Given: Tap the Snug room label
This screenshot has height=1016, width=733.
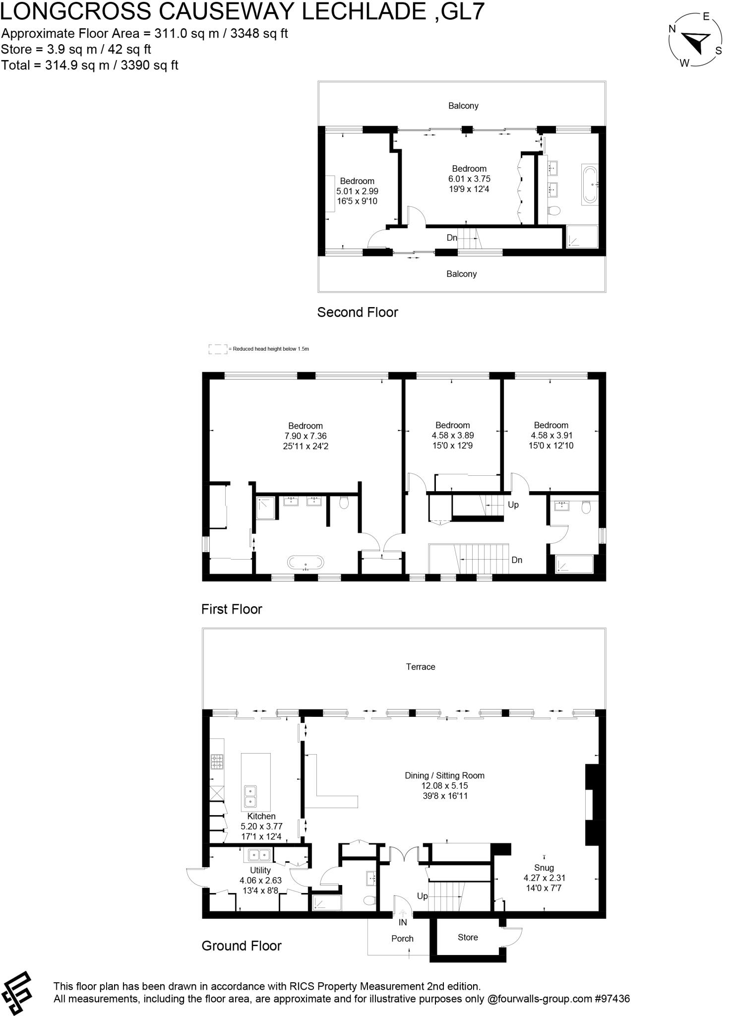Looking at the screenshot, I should (x=544, y=868).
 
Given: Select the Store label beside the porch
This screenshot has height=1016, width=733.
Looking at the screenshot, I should (x=468, y=937).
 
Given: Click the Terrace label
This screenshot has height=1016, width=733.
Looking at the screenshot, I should (x=421, y=667).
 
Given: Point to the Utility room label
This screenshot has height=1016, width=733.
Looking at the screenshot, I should (x=260, y=870).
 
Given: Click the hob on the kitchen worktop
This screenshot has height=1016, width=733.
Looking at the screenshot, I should (x=217, y=762).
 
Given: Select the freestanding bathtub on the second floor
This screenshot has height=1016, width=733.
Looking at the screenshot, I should (x=590, y=185).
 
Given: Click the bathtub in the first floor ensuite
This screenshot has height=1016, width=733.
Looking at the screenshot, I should (x=306, y=563).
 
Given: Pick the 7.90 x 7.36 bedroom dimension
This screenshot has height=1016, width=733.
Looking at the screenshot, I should (x=305, y=436).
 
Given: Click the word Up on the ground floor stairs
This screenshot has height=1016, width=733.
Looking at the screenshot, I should (x=422, y=896).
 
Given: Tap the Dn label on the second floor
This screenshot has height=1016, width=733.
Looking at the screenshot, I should (x=452, y=238).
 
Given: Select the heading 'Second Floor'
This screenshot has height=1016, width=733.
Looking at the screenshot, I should (x=358, y=313).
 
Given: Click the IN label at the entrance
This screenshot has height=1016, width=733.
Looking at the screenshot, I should (x=403, y=922).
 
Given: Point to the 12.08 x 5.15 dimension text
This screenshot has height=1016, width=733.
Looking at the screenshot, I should (x=444, y=786).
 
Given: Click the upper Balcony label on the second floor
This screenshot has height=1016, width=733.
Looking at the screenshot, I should (x=463, y=106).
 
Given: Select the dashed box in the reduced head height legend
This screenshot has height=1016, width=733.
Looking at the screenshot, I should (x=217, y=349).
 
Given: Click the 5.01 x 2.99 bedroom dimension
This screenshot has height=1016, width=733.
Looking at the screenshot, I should (x=357, y=191).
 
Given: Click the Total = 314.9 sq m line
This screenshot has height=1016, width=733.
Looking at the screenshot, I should (x=90, y=65).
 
